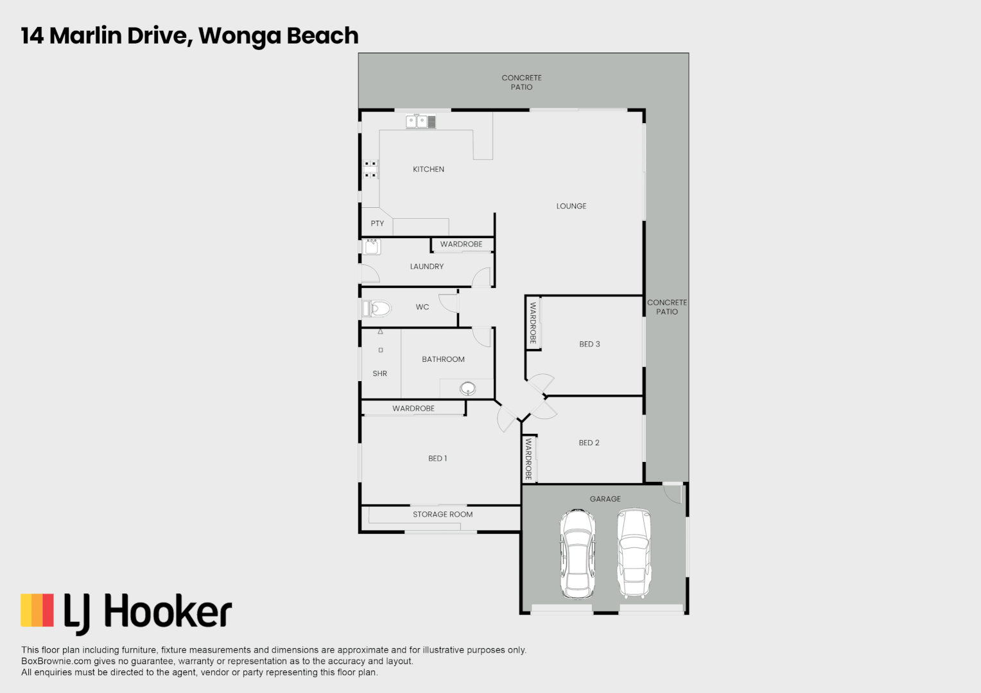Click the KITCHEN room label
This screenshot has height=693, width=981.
(x=428, y=169)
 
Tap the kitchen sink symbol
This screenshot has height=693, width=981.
(x=421, y=121)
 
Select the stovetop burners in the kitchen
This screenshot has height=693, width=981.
(x=370, y=169)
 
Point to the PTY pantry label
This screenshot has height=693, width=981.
(x=377, y=224)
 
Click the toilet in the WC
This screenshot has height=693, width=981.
(x=377, y=309)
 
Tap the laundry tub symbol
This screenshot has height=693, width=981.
(x=372, y=246)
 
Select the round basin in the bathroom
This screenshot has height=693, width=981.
(x=467, y=388)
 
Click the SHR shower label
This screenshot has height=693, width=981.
(x=379, y=373)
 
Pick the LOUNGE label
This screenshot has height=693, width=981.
(x=571, y=206)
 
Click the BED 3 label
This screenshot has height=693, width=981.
(x=589, y=344)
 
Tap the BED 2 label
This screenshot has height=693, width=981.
(x=589, y=443)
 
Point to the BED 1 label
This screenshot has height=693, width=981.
(x=437, y=458)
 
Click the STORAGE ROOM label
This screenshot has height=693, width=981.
(x=442, y=515)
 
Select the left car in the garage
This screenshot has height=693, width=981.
(x=577, y=554)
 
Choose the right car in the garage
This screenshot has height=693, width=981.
(x=634, y=553)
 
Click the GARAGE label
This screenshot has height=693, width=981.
(x=605, y=499)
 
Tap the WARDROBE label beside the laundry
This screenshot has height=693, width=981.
(x=461, y=244)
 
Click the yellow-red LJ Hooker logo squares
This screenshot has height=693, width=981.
(x=37, y=610)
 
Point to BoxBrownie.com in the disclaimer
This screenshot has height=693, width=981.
(x=56, y=661)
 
